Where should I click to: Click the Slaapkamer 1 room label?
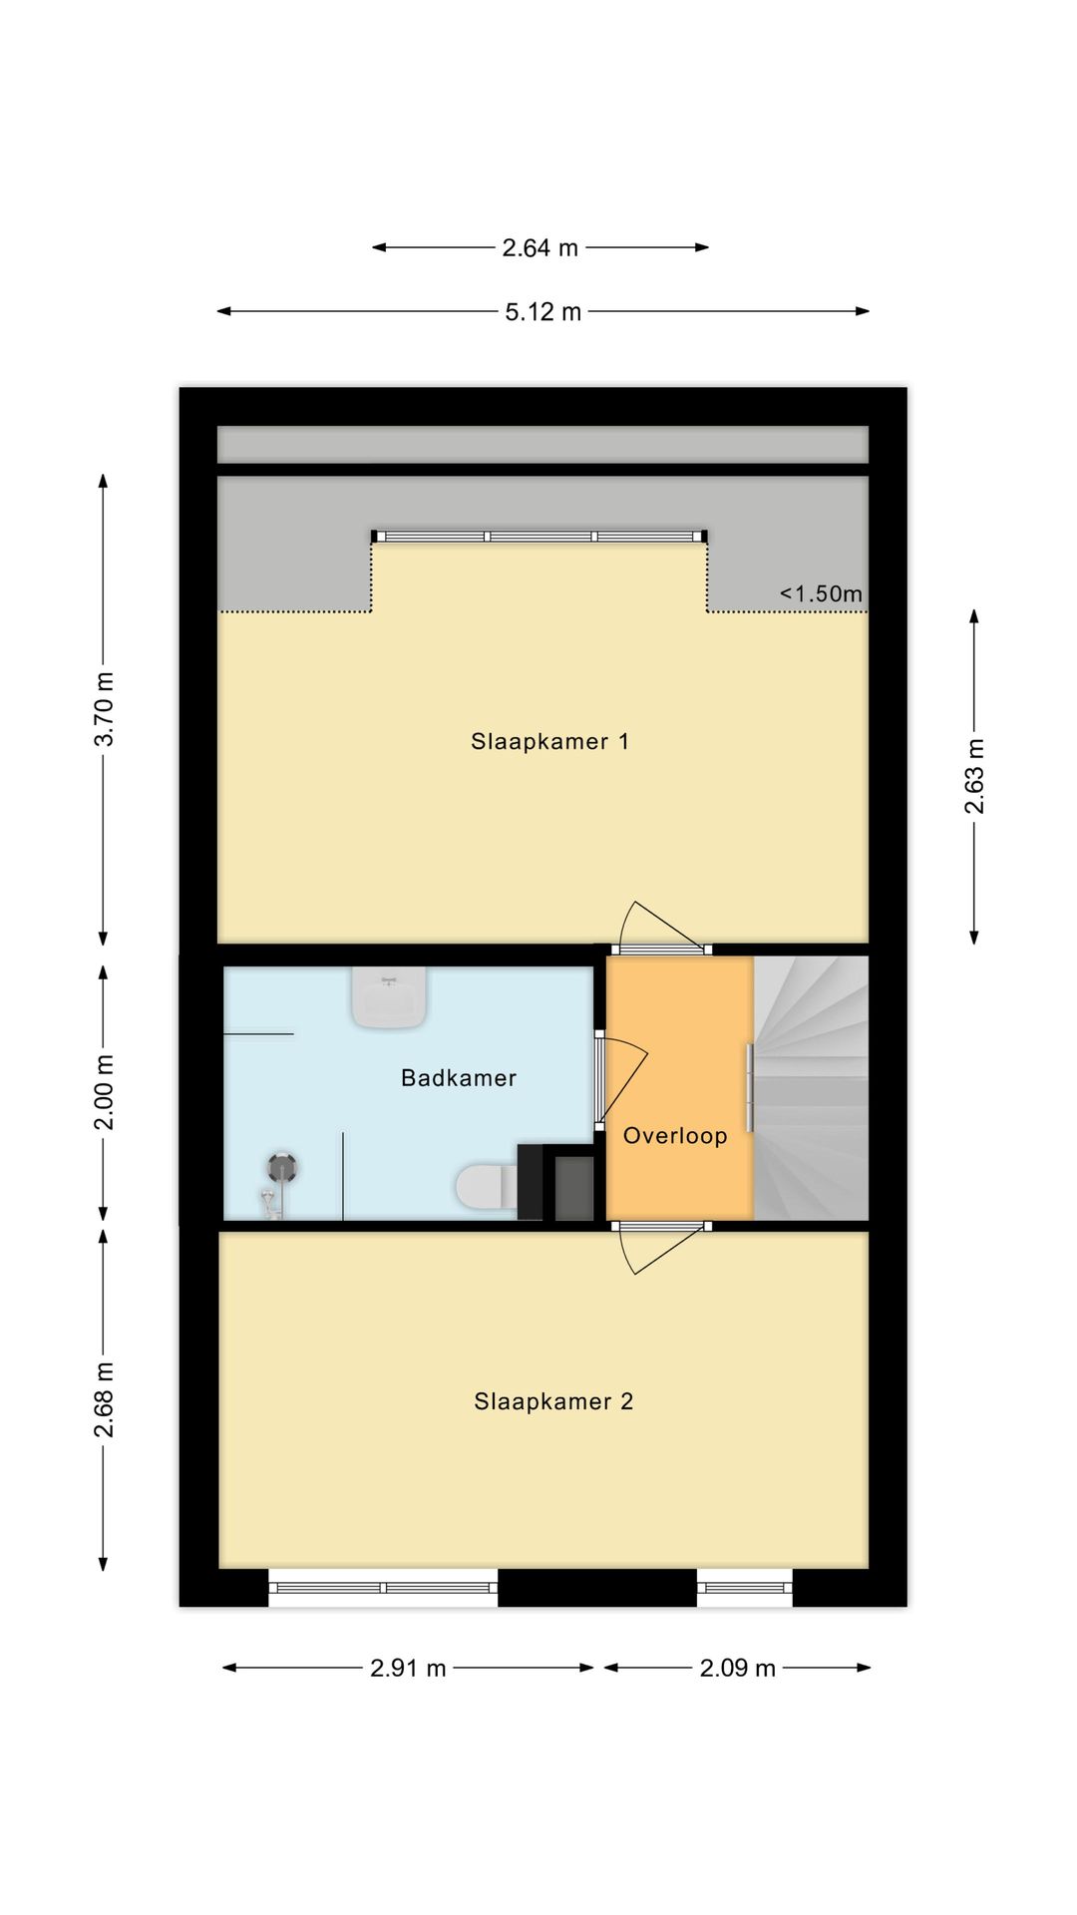click(x=549, y=741)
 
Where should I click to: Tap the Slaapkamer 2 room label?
click(x=553, y=1401)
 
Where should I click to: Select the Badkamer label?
click(x=459, y=1078)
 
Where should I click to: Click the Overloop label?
click(x=675, y=1135)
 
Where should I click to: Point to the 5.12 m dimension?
click(x=542, y=312)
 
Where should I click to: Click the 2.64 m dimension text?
click(x=539, y=248)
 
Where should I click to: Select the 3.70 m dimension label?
click(x=105, y=709)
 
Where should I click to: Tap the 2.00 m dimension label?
click(x=105, y=1092)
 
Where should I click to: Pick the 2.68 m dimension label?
click(x=105, y=1399)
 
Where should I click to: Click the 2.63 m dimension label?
click(x=974, y=776)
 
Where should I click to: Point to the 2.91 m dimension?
click(x=408, y=1668)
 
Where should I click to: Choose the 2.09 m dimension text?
click(x=737, y=1668)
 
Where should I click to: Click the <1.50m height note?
click(x=821, y=593)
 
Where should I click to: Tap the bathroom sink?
click(x=389, y=997)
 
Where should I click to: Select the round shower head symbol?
click(x=282, y=1167)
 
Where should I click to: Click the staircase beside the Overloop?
click(x=812, y=1087)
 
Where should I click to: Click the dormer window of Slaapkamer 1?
click(x=539, y=537)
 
